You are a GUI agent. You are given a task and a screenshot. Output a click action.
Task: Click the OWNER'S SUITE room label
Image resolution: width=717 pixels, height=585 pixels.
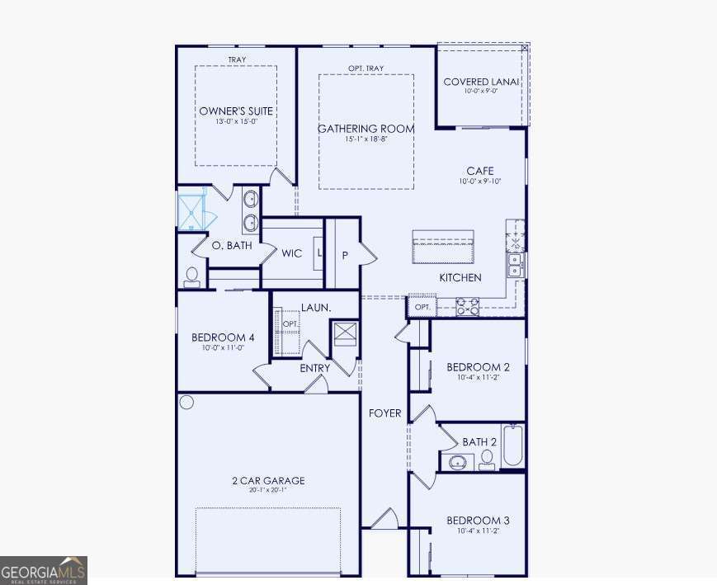[236, 111]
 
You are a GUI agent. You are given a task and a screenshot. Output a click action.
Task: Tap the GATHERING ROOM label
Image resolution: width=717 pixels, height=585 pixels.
[366, 129]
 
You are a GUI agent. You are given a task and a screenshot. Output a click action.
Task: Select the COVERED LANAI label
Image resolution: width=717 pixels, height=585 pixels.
[481, 82]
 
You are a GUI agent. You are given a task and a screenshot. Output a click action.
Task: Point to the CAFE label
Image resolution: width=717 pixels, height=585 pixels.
[479, 171]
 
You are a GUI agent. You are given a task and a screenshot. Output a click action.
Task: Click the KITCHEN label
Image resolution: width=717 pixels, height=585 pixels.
[460, 278]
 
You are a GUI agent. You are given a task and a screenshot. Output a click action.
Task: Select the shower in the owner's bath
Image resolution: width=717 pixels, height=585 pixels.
[192, 210]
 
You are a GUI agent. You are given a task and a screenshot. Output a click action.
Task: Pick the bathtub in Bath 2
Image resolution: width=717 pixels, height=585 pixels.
[512, 446]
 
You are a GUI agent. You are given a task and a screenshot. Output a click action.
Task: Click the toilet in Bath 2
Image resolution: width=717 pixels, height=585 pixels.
[487, 459]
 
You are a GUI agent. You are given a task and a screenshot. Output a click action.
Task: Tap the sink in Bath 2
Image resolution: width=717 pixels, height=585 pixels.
[457, 461]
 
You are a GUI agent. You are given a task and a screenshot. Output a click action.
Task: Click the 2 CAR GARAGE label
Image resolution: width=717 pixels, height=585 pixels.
[267, 480]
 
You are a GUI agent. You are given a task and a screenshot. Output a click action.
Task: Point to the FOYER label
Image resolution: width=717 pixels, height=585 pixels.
[384, 413]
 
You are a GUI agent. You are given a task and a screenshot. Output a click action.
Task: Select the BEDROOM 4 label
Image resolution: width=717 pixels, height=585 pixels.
[223, 337]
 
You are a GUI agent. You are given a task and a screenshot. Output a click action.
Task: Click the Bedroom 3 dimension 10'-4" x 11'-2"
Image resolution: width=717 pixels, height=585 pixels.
[478, 531]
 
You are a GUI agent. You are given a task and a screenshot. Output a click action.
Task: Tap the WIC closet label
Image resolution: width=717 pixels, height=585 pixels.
[291, 254]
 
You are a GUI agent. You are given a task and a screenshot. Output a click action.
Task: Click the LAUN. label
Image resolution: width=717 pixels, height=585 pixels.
[315, 308]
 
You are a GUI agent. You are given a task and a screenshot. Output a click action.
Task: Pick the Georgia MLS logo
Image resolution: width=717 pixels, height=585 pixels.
[44, 570]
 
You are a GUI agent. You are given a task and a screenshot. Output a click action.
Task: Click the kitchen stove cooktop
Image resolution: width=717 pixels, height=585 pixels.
[466, 307]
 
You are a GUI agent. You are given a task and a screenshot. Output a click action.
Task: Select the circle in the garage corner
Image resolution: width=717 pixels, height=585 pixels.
[186, 403]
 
